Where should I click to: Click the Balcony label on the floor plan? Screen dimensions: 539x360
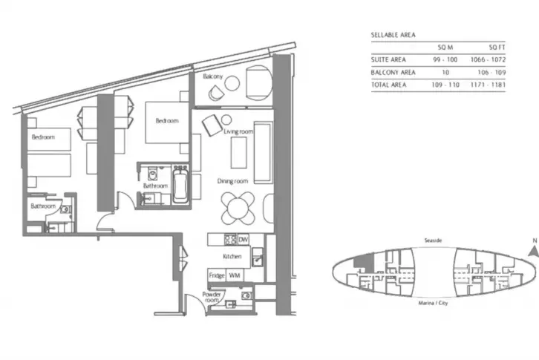(x=213, y=76)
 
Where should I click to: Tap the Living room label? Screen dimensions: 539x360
(x=238, y=131)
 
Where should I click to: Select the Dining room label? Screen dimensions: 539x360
(x=232, y=181)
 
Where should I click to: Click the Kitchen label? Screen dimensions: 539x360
(x=232, y=257)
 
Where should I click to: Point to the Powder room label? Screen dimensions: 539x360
(x=212, y=297)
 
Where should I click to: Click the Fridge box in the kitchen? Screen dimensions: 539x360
(x=217, y=275)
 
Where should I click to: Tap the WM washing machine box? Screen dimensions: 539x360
(x=235, y=275)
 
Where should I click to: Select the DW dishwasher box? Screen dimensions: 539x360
(x=243, y=240)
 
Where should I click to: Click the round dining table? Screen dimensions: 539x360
(x=238, y=209)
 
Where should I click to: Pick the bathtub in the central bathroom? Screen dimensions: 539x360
(x=180, y=185)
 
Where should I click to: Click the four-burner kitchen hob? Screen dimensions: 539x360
(x=231, y=240)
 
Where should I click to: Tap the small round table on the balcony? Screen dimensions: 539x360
(x=232, y=84)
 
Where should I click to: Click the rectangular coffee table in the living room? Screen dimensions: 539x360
(x=238, y=153)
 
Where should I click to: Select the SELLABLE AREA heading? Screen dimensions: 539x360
(x=393, y=35)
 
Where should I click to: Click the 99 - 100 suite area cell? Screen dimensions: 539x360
(x=445, y=59)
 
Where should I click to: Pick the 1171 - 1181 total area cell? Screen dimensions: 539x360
(x=488, y=85)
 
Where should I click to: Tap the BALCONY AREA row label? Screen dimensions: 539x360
(x=393, y=72)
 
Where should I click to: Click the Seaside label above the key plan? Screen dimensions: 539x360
(x=433, y=240)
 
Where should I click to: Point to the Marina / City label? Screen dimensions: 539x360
(x=433, y=303)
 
